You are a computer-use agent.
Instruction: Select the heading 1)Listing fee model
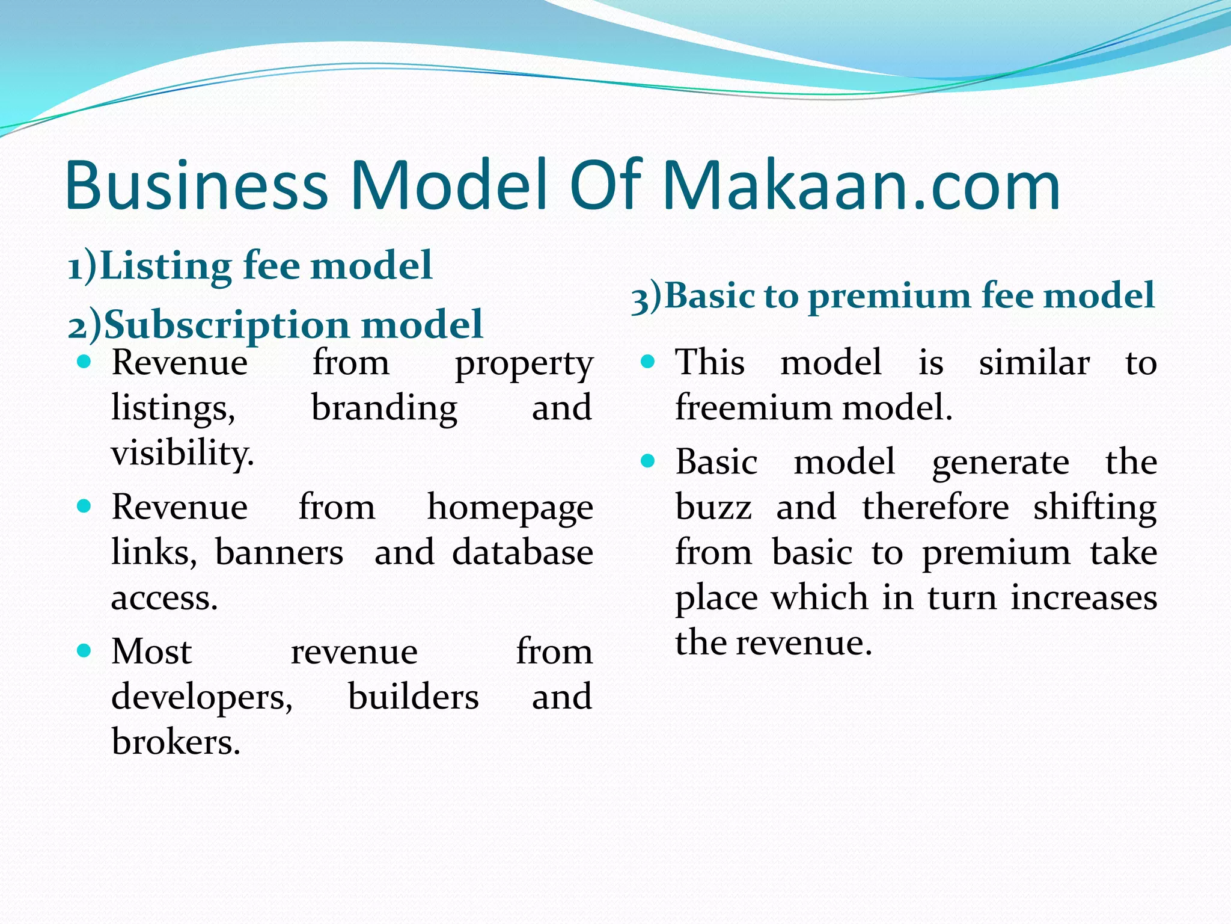point(250,265)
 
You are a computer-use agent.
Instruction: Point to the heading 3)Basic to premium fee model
point(893,296)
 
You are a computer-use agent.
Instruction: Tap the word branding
point(384,408)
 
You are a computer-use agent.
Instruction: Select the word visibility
point(182,453)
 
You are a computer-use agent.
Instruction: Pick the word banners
point(279,553)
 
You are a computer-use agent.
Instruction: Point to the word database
point(522,553)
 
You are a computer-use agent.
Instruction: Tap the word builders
point(414,697)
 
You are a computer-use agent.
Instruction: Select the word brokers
point(176,742)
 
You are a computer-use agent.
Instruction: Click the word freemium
point(754,408)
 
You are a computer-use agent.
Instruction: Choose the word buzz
point(713,508)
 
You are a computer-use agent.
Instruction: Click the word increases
point(1084,598)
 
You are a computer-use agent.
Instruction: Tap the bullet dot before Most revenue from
point(84,650)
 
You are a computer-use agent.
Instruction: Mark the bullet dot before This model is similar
point(647,362)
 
